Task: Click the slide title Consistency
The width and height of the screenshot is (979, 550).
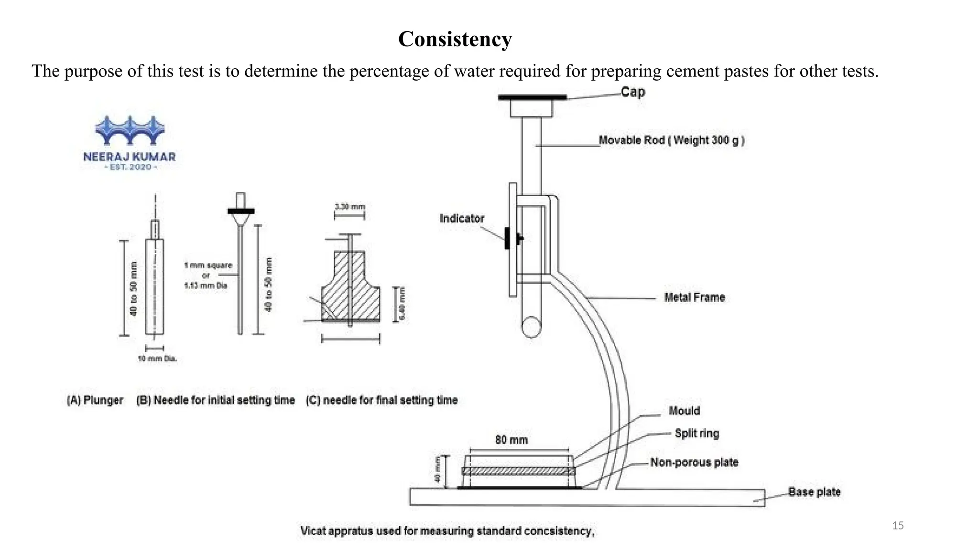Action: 455,39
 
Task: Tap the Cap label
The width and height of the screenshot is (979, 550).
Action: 633,92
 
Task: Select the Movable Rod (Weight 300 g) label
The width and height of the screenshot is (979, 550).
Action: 672,140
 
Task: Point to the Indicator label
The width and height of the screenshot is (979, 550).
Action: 462,219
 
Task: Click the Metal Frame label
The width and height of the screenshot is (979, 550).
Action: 694,297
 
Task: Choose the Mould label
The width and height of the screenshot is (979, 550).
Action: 684,411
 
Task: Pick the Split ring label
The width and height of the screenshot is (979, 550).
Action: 696,434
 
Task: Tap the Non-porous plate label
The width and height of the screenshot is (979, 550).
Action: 694,462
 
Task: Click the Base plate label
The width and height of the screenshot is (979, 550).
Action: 814,492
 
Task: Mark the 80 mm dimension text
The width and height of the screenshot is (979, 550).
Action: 511,440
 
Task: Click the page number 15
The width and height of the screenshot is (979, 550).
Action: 898,526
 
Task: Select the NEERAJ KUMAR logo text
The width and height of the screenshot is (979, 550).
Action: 129,157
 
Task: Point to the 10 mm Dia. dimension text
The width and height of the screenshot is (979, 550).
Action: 157,359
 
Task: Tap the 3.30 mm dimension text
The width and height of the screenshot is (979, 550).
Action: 349,207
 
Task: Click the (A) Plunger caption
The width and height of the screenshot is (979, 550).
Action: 95,400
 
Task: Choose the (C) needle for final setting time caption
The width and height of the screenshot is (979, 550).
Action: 381,400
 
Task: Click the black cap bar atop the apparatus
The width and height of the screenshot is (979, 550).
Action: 532,97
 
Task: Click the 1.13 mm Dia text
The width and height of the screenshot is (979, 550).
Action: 206,286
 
